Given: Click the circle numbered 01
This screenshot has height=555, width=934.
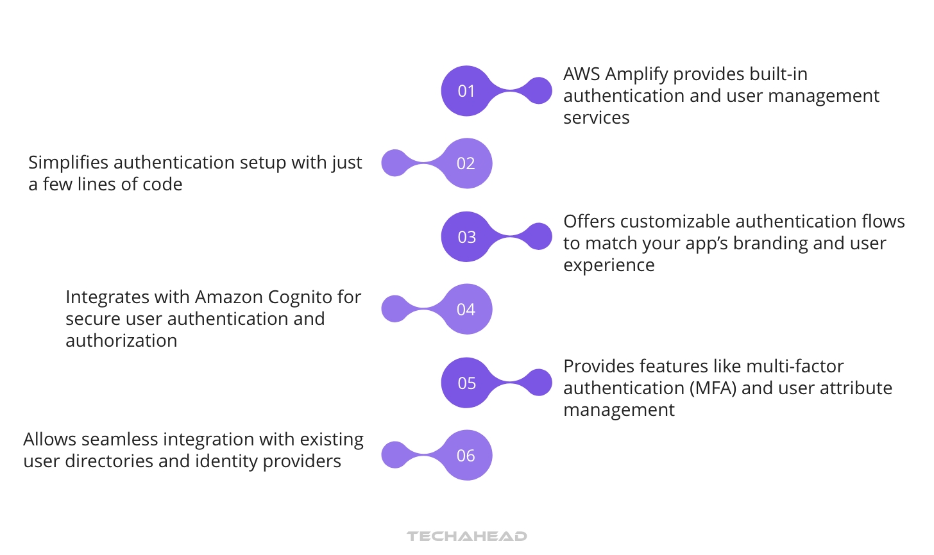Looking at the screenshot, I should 466,91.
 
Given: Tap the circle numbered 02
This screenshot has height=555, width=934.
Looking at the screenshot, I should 466,163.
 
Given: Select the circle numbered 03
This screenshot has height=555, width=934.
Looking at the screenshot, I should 466,237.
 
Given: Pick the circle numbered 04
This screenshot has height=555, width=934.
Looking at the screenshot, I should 466,310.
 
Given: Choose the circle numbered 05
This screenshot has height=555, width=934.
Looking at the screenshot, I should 466,383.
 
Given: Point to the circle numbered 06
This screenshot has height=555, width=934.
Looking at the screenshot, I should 466,456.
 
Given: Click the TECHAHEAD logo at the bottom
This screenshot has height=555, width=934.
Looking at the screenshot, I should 466,536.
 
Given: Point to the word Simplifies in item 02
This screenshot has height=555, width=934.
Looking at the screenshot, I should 69,163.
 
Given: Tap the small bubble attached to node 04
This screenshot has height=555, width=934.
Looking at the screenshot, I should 395,309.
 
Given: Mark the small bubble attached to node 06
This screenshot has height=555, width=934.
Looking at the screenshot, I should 395,455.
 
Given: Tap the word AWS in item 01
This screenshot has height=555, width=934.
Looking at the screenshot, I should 581,74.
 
